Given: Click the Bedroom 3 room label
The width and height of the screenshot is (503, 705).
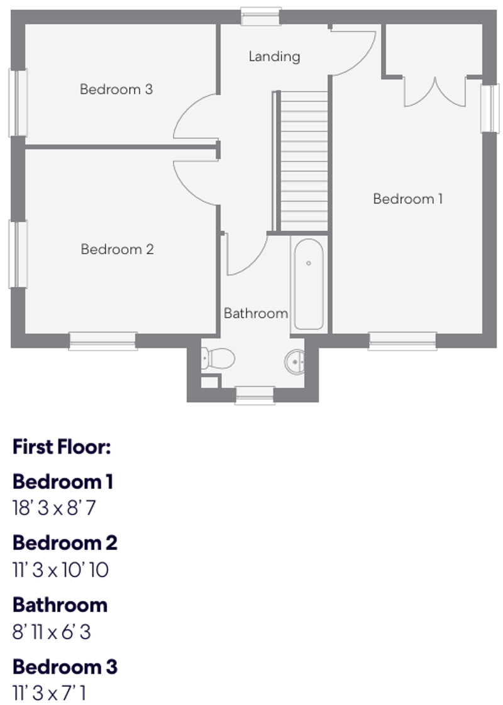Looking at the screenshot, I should [116, 89].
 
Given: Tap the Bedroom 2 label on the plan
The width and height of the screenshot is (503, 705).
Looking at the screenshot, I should [117, 249].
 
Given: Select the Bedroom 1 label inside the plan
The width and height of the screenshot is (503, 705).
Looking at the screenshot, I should [407, 199].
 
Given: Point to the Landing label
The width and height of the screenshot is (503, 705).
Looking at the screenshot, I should [274, 57].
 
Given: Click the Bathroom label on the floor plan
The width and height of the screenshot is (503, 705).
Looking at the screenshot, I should [256, 313].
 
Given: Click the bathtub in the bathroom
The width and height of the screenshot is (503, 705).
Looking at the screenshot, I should [309, 284].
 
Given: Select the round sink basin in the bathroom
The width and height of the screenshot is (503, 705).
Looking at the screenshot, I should [295, 361].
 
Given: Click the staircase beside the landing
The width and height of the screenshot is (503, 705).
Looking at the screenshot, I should [304, 161].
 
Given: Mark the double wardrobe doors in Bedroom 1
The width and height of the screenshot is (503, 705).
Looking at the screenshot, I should [434, 91].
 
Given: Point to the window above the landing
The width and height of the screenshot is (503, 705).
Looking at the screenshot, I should [261, 16].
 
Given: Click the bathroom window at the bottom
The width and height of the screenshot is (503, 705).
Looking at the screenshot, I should [255, 396].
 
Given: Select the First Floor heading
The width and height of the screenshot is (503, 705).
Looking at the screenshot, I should [62, 448].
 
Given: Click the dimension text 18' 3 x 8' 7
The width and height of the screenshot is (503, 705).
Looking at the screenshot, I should [54, 508].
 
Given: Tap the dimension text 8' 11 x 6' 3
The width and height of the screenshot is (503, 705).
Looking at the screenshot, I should [52, 632].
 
